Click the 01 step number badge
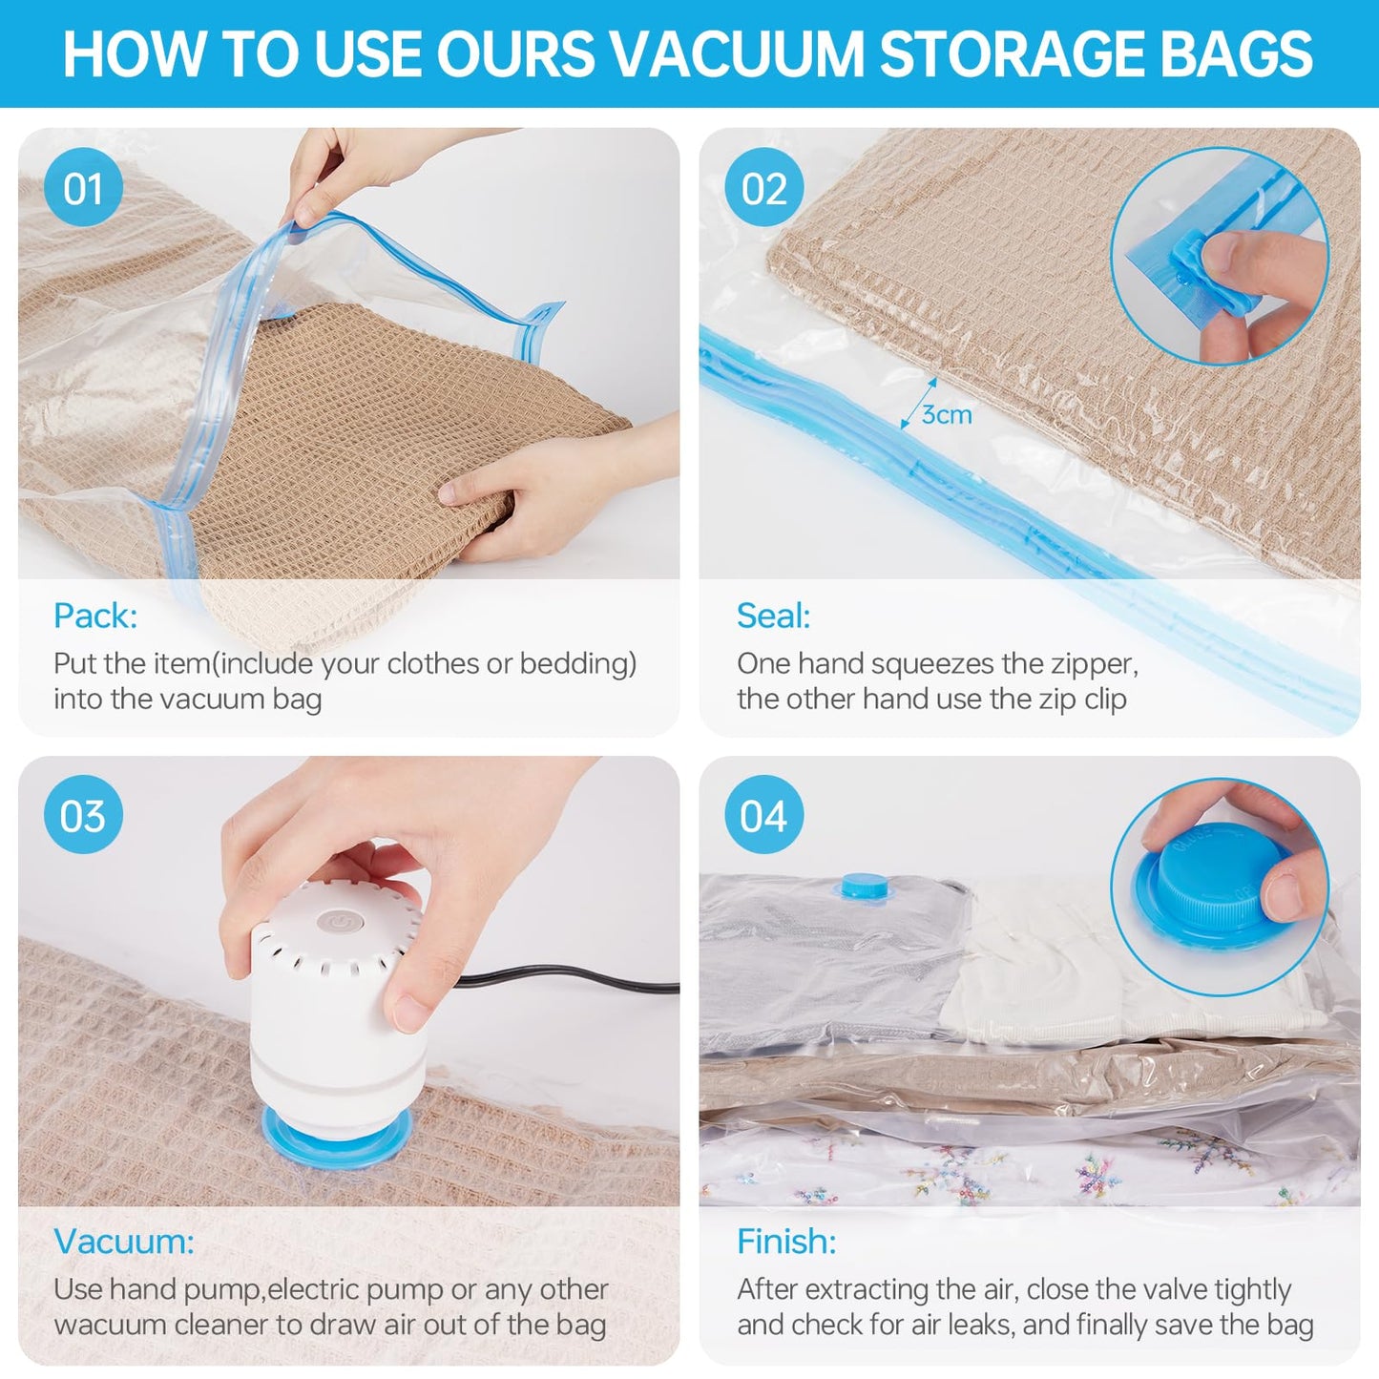[x=83, y=188]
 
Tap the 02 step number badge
[x=763, y=188]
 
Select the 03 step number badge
[x=83, y=815]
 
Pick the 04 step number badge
[x=763, y=815]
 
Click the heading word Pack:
[x=95, y=616]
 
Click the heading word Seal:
[x=773, y=616]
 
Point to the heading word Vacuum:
[x=124, y=1242]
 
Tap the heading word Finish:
[x=786, y=1242]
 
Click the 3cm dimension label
[x=946, y=414]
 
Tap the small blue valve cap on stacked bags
[x=864, y=885]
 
